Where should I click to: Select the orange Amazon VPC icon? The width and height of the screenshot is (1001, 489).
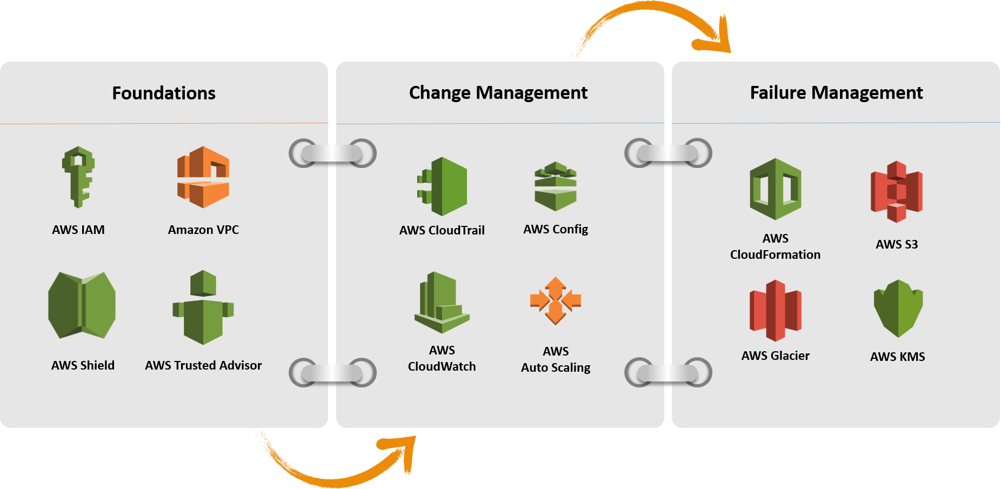point(203,177)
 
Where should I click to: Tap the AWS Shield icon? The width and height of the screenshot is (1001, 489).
point(82,305)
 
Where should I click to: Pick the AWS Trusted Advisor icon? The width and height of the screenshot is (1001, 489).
point(203,307)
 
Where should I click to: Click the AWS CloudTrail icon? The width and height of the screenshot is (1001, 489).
point(442,186)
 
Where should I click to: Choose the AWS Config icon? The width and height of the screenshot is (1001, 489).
point(556,186)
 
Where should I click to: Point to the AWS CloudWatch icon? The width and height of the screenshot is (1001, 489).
point(442,303)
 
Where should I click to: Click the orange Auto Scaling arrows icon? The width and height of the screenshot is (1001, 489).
point(556,300)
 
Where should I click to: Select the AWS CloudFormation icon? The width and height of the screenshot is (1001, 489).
point(775,189)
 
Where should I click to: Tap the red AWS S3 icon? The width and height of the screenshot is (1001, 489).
point(897,191)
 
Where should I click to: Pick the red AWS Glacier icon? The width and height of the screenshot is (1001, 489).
point(775,310)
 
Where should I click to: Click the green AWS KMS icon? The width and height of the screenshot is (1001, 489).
point(898,309)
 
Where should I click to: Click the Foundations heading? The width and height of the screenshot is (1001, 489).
point(164,93)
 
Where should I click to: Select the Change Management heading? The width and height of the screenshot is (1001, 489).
point(498,92)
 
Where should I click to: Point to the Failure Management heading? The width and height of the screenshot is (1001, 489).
point(836,92)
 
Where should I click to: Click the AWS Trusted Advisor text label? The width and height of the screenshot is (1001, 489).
point(203,365)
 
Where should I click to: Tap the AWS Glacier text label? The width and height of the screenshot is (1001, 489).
point(775,356)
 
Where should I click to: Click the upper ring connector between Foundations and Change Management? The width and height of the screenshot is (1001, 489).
point(332,153)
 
